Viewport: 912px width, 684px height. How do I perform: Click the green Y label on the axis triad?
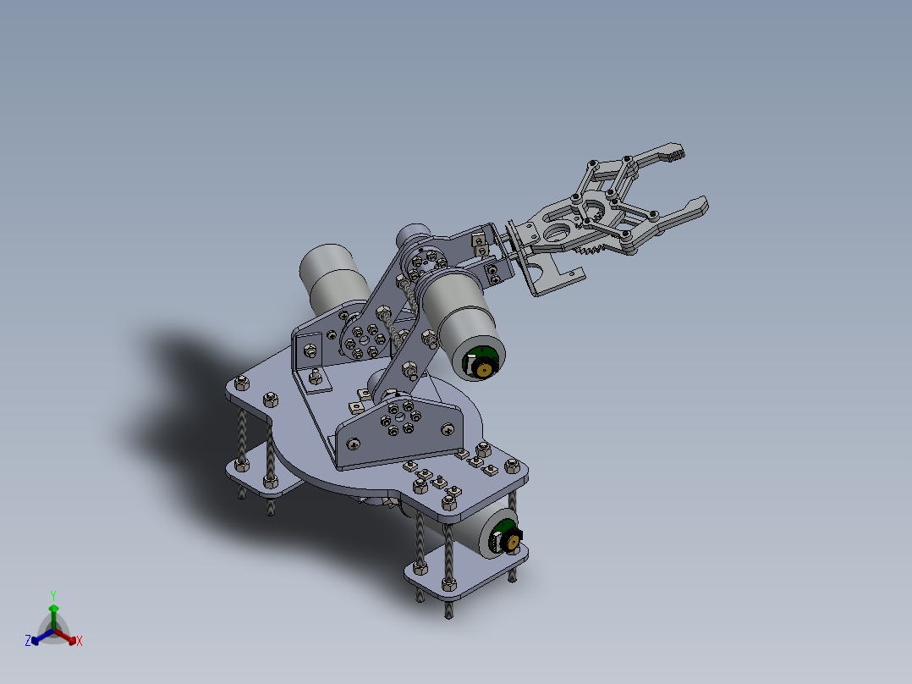(52, 595)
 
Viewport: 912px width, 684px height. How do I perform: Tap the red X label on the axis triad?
(80, 642)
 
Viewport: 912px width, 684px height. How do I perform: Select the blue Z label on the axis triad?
(28, 642)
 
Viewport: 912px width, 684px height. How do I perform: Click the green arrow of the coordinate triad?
(53, 613)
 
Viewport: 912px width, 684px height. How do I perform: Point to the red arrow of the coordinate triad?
(68, 637)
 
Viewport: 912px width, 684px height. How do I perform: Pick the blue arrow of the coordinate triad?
(39, 637)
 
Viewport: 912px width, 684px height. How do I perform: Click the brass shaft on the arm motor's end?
(484, 368)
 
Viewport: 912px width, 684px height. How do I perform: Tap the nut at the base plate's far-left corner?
(241, 384)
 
